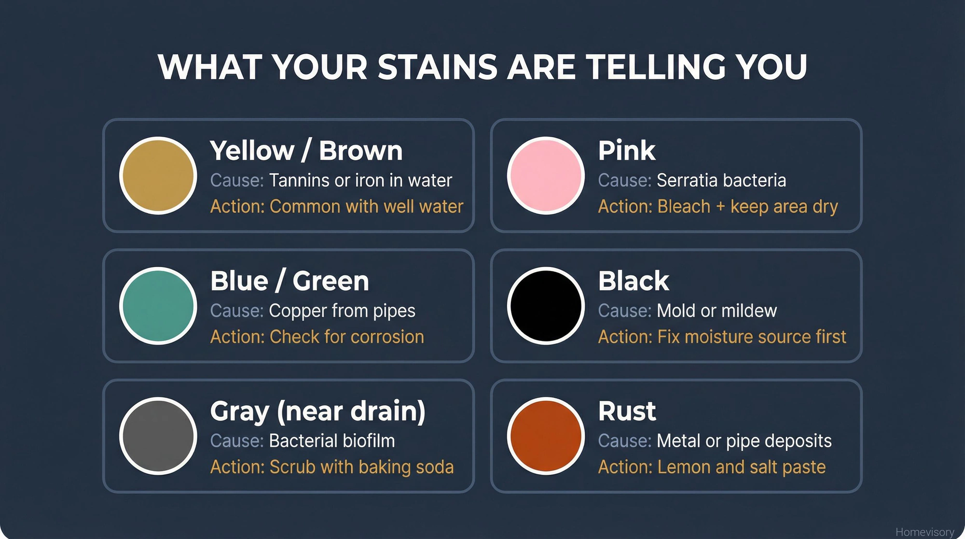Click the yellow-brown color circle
158,175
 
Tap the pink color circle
546,175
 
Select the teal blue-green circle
158,306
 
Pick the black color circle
546,306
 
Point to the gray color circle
158,436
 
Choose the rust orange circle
546,436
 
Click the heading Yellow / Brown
306,151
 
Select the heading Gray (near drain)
317,411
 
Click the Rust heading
626,411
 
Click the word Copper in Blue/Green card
297,311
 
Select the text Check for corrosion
346,337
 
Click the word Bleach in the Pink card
684,207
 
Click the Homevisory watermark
924,532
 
